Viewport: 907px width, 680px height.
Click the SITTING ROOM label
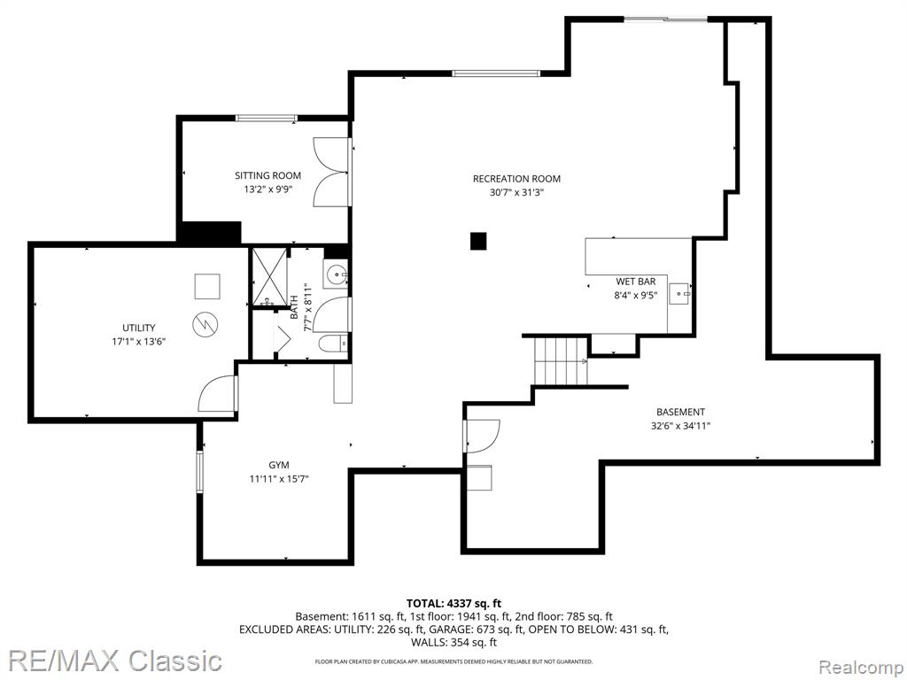click(267, 175)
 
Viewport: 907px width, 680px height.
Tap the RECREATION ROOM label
click(516, 179)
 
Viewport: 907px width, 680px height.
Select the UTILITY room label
click(138, 328)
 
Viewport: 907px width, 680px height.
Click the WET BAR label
click(636, 282)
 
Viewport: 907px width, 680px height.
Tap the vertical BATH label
click(294, 307)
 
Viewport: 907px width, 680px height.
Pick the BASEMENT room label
click(680, 413)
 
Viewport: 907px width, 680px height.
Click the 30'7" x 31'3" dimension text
click(516, 192)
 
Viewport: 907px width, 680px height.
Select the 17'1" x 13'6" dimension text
click(139, 342)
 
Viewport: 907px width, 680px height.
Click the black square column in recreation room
click(478, 241)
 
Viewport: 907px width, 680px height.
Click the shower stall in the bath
click(268, 276)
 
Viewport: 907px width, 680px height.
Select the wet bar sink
click(679, 294)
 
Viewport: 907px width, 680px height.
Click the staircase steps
click(561, 361)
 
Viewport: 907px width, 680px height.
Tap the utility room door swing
click(218, 394)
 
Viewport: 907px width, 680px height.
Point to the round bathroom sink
click(336, 274)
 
